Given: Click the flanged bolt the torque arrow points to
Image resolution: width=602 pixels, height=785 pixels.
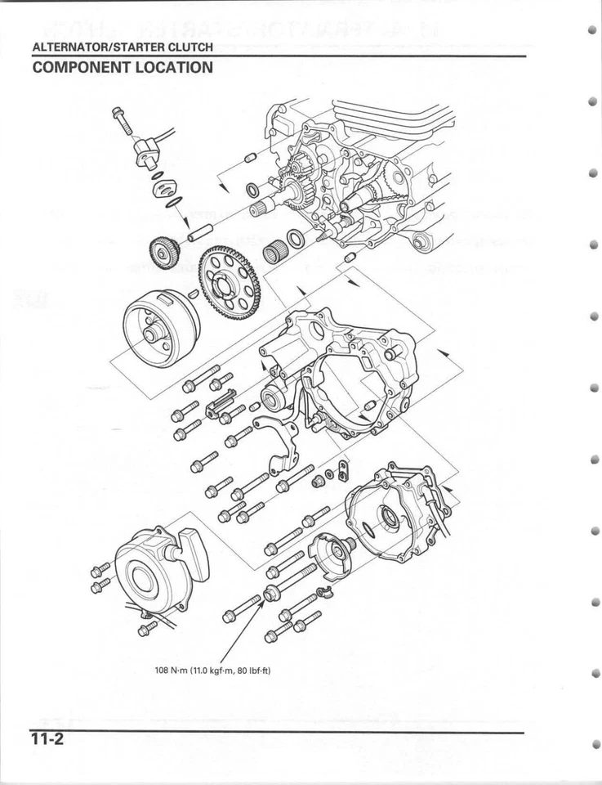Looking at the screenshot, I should (272, 592).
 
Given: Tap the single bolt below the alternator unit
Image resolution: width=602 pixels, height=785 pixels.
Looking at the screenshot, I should (147, 628).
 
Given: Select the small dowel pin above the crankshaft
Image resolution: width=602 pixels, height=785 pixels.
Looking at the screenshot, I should (251, 157).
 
